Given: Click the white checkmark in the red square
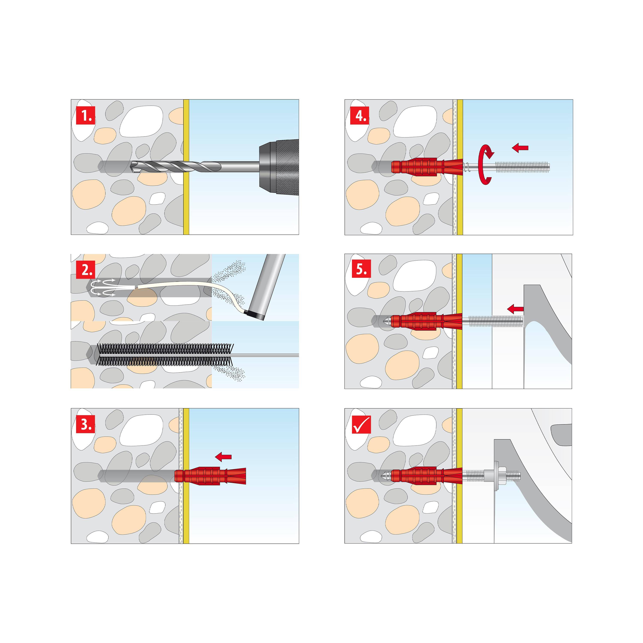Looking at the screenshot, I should point(361,425).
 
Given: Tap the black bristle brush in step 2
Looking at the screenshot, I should point(165,355).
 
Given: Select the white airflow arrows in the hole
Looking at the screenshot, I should point(103,288).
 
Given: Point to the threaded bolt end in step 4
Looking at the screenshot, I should point(523,167).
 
